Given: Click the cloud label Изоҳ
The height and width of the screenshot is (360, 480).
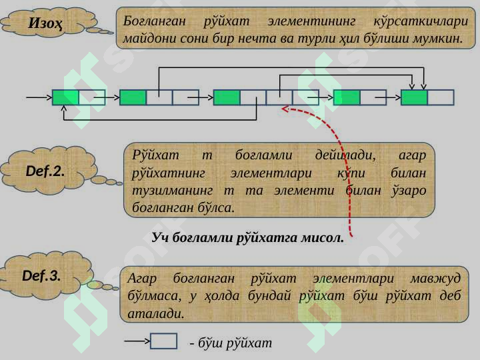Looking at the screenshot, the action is point(46,23).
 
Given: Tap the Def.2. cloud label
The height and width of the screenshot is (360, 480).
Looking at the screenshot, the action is point(45,171).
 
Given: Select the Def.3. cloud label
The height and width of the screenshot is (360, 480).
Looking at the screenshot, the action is point(41,275).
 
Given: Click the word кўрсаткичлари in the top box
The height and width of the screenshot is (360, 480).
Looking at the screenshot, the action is point(421,22).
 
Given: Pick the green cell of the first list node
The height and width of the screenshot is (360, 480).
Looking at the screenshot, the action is point(66,97).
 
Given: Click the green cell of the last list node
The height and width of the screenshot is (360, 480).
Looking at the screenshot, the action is point(414,97).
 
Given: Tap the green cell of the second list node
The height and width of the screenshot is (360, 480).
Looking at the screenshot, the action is point(133,97).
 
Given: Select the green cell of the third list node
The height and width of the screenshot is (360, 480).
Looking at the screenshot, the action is point(227,97).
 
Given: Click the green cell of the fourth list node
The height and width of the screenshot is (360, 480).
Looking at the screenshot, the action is point(347,97).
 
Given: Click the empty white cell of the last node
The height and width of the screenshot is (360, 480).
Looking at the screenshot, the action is point(441,97).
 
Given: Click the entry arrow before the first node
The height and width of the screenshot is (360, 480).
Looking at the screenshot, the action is point(39,97).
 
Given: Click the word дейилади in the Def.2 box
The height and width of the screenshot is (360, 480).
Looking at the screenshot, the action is point(345,155).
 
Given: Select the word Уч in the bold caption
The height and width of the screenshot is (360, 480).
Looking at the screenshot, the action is point(160,237).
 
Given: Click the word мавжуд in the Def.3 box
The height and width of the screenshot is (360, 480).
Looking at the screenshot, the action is point(435,279).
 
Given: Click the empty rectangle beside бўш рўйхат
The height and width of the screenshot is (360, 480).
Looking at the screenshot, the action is point(164,341).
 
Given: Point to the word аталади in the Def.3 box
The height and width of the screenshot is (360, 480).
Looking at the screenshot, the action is point(156,313).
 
